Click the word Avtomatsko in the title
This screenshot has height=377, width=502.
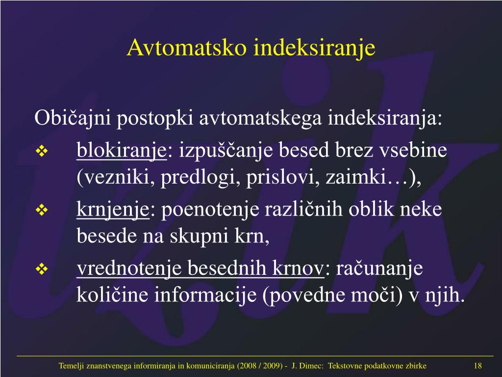187,47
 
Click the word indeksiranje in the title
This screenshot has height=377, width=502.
314,48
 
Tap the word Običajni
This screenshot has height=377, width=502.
73,118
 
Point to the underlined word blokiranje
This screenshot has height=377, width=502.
122,151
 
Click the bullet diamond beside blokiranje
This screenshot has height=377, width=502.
42,151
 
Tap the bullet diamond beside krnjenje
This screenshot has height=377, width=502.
42,210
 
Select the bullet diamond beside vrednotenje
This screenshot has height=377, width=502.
42,269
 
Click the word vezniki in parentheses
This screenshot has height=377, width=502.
117,177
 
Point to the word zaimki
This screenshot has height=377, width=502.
356,177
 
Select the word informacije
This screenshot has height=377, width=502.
205,296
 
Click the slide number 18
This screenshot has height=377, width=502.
477,365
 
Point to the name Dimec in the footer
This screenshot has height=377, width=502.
312,366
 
